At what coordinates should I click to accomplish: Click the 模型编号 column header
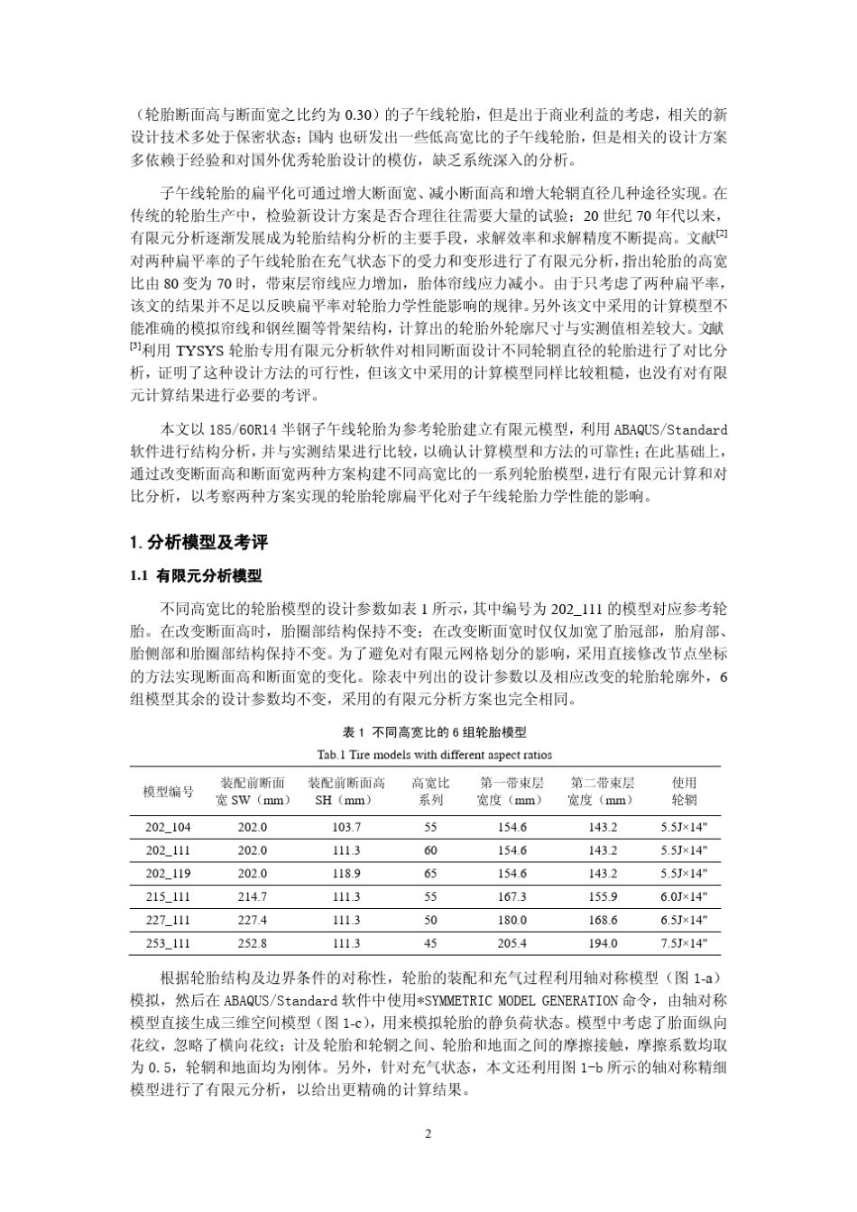(168, 792)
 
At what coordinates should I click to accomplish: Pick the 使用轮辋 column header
(684, 792)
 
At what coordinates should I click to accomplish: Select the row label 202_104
(168, 827)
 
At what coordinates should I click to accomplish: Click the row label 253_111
(168, 943)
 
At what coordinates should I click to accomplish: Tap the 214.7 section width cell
(252, 896)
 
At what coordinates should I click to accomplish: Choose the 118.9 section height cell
(346, 874)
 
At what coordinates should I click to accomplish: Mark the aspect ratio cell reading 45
(430, 943)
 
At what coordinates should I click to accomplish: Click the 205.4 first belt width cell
(511, 943)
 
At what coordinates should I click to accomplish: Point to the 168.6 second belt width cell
(603, 920)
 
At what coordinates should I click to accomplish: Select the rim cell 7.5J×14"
(684, 943)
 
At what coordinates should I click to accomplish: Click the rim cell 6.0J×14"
(684, 896)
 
